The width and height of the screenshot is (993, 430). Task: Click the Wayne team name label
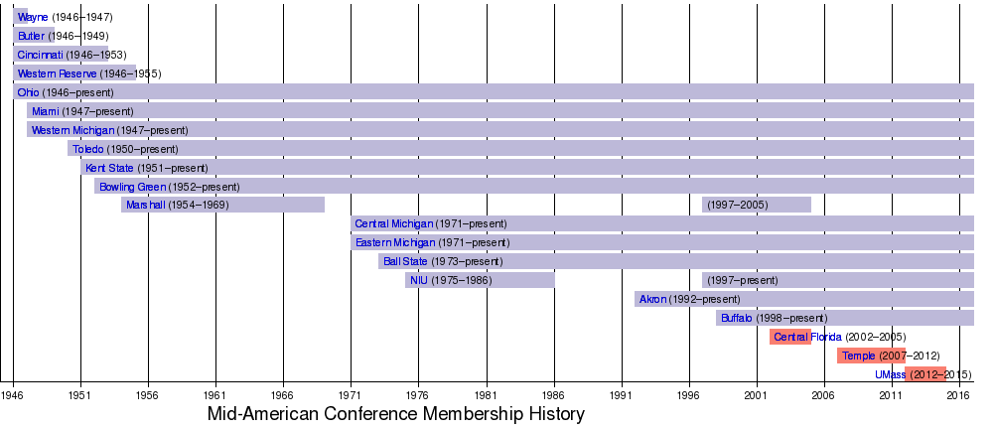point(33,18)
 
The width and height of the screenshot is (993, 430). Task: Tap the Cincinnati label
point(40,56)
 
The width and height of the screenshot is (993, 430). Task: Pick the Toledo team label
point(87,149)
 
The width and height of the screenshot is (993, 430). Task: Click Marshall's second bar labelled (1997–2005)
point(756,206)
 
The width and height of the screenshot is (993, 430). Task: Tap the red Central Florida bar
point(789,337)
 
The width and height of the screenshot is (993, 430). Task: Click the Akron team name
point(653,299)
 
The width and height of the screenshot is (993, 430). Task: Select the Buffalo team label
point(737,318)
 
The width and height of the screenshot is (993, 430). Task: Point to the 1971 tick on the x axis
point(351,395)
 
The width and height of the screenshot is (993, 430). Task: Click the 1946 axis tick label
point(13,395)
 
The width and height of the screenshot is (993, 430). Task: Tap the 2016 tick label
point(958,395)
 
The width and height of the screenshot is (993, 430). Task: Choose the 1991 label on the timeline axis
point(621,395)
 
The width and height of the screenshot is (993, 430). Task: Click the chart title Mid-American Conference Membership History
point(395,414)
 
